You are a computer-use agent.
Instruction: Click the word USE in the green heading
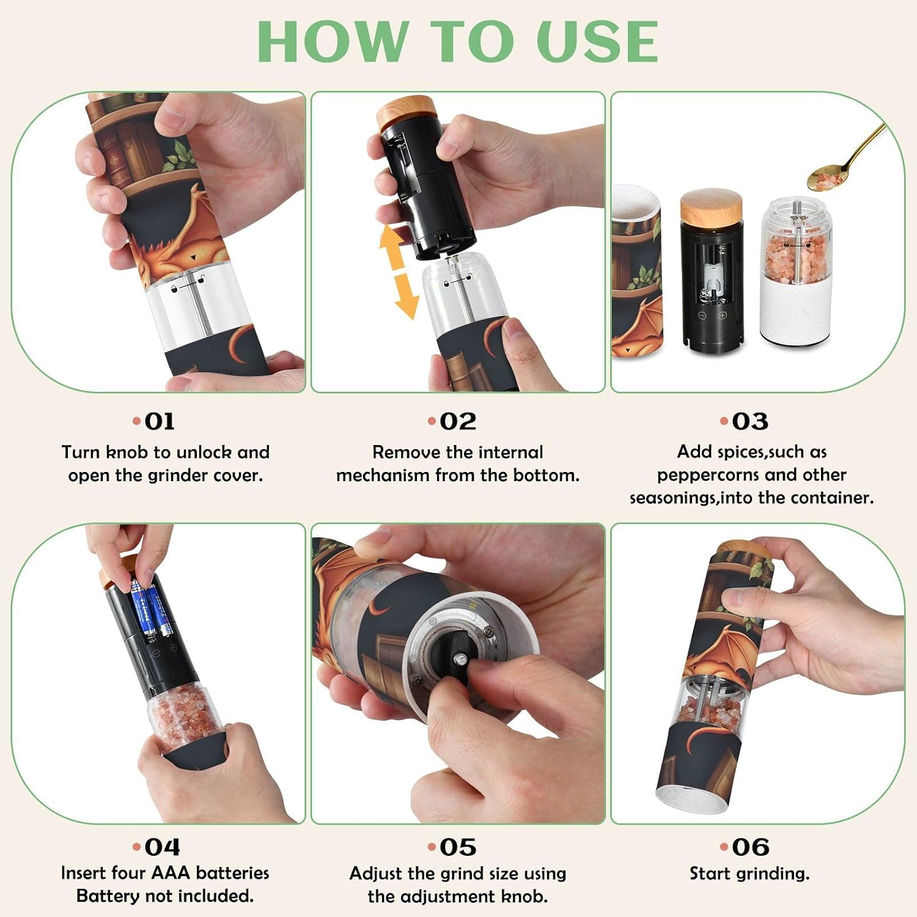click(597, 42)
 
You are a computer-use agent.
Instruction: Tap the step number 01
click(160, 421)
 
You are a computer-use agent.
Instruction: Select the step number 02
click(458, 421)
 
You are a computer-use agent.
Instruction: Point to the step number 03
click(750, 421)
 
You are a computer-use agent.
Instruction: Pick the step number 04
click(163, 847)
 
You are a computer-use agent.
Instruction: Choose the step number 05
click(458, 847)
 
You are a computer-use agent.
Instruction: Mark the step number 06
click(751, 847)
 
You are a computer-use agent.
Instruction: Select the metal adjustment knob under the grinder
click(460, 661)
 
